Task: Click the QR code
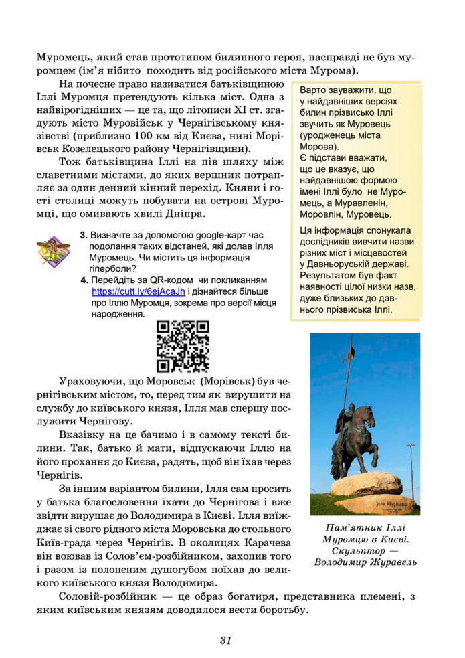coord(183,346)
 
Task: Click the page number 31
coord(225,641)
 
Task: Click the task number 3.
coord(83,236)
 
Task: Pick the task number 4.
coord(83,280)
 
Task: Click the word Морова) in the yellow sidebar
coord(319,146)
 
